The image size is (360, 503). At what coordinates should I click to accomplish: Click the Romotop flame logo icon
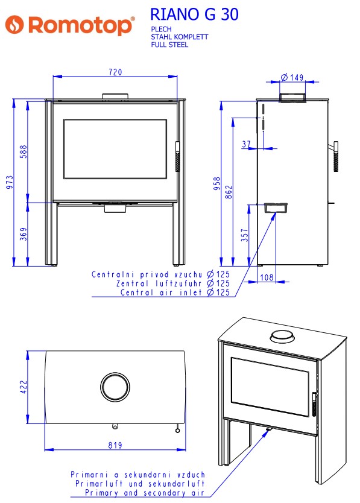(x=14, y=24)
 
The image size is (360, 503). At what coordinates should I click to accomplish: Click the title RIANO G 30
(x=194, y=14)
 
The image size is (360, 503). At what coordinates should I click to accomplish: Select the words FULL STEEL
(x=169, y=45)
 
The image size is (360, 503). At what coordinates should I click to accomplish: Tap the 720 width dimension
(x=115, y=72)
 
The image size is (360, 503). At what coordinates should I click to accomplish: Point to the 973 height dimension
(x=10, y=182)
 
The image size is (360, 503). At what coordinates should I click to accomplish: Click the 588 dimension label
(x=24, y=152)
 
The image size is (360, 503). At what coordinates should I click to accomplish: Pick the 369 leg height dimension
(x=24, y=234)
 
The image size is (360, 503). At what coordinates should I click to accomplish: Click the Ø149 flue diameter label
(x=292, y=77)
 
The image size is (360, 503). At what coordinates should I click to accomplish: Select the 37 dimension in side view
(x=246, y=144)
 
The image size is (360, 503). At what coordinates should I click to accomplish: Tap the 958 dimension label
(x=217, y=183)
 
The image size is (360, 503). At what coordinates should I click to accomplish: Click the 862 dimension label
(x=229, y=192)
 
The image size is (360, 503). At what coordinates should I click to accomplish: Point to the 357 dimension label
(x=244, y=235)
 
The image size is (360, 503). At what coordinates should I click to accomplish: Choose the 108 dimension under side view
(x=267, y=277)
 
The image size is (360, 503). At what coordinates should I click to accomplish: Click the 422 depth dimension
(x=24, y=387)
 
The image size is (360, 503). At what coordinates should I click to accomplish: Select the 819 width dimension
(x=115, y=445)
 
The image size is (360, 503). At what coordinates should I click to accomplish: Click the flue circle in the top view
(x=115, y=373)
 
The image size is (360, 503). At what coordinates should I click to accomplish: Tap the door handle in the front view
(x=177, y=157)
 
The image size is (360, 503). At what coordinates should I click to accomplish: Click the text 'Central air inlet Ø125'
(x=175, y=293)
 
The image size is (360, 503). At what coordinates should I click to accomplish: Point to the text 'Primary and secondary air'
(x=145, y=492)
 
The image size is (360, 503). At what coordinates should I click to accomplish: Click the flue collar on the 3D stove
(x=282, y=337)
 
